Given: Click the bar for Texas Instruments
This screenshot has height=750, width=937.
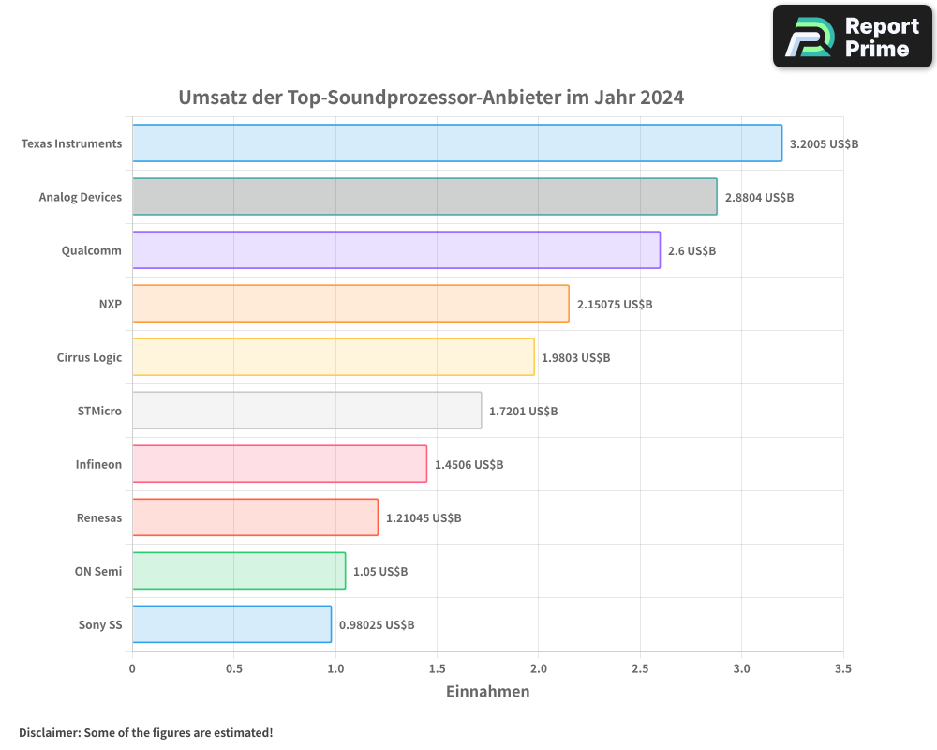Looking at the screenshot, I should pyautogui.click(x=456, y=143).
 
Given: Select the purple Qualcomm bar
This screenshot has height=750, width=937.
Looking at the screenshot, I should pyautogui.click(x=395, y=250).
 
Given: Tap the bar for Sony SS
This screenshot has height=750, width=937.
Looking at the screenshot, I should pyautogui.click(x=231, y=624).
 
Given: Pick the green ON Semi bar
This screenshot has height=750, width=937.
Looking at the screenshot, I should pyautogui.click(x=238, y=571).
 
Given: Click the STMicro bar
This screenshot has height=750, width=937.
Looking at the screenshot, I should pyautogui.click(x=306, y=411).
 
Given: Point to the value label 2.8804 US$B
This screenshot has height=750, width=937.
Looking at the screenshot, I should pyautogui.click(x=759, y=197).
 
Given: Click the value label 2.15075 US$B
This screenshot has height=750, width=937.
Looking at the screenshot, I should pyautogui.click(x=615, y=304).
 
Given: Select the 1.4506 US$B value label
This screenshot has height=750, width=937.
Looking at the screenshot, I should pyautogui.click(x=468, y=464).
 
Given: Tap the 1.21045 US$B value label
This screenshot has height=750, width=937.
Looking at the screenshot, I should pyautogui.click(x=424, y=517).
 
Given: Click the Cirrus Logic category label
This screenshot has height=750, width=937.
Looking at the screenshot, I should pyautogui.click(x=89, y=357).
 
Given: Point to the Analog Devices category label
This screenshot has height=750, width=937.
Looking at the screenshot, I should pyautogui.click(x=80, y=197).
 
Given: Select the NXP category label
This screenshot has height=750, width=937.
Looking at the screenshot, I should pyautogui.click(x=110, y=304).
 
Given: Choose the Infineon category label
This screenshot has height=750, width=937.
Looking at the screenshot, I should pyautogui.click(x=98, y=464).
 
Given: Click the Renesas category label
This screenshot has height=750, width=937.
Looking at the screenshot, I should pyautogui.click(x=98, y=517).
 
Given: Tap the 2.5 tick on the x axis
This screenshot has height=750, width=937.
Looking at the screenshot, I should pyautogui.click(x=640, y=668).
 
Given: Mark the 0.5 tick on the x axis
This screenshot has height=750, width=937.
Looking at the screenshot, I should pyautogui.click(x=233, y=668).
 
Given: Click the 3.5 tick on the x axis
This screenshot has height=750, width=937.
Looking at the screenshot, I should pyautogui.click(x=842, y=668).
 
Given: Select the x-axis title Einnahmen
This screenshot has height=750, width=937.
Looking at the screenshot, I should pyautogui.click(x=487, y=692).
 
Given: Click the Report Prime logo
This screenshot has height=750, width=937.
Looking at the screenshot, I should pyautogui.click(x=853, y=37).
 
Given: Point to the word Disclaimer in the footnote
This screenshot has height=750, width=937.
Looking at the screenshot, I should pyautogui.click(x=48, y=732).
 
